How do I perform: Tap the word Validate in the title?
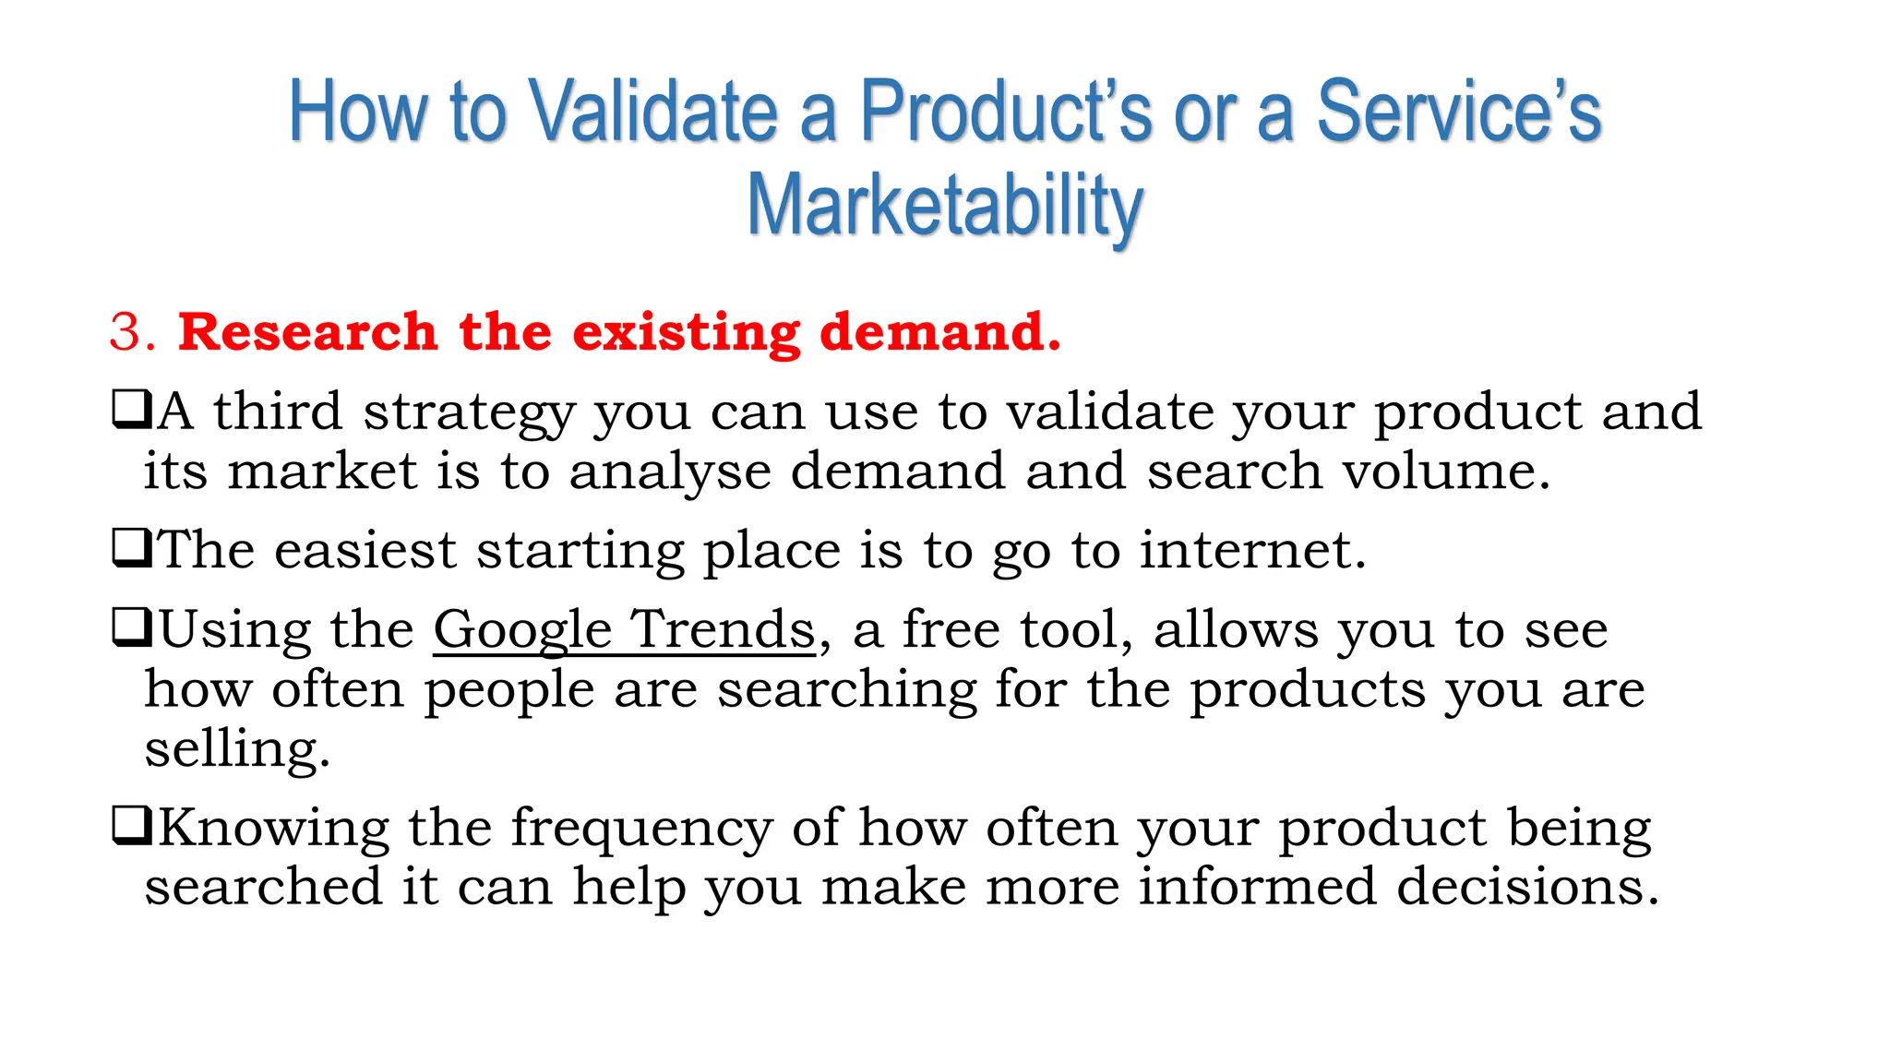pos(654,112)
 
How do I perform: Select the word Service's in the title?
pos(1458,112)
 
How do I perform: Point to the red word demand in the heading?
pos(939,331)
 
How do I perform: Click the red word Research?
pos(307,331)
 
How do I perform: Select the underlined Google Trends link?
pos(625,630)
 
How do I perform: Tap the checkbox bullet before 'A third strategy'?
pos(131,410)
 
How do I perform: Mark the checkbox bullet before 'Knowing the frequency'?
pos(131,826)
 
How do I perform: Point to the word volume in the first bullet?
pos(1444,472)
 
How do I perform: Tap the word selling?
pos(236,748)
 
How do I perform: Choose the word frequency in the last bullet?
pos(641,828)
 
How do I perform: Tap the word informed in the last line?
pos(1256,887)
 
